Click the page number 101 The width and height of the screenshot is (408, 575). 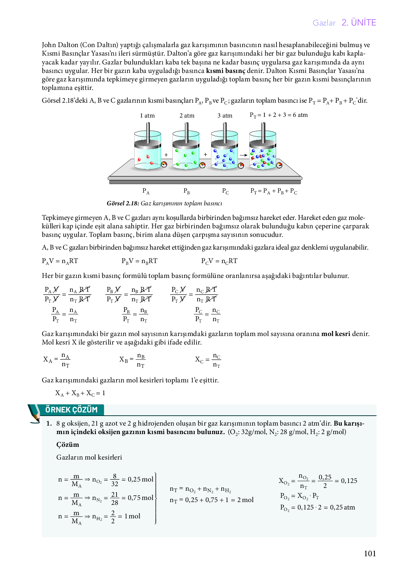point(370,553)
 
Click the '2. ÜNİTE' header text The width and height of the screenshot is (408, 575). point(359,23)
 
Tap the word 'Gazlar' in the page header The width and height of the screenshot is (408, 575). point(324,23)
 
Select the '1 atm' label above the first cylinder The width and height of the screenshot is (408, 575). point(147,115)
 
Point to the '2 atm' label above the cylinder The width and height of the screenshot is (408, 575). point(187,115)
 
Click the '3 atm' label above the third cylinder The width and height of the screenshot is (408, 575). point(225,115)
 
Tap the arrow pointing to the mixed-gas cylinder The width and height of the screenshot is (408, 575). point(243,155)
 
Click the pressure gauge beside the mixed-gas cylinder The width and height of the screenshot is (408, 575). point(279,165)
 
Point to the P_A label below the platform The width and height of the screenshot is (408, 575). point(146,191)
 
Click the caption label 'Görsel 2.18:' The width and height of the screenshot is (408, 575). point(123,203)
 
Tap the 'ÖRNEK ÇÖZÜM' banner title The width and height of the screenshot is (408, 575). point(71,410)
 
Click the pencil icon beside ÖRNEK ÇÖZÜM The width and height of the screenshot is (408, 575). point(34,413)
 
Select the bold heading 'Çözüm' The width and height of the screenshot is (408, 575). point(68,445)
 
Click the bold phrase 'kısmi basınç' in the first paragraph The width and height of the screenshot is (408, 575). point(226,70)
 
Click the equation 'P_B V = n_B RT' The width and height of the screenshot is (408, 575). point(140,261)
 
